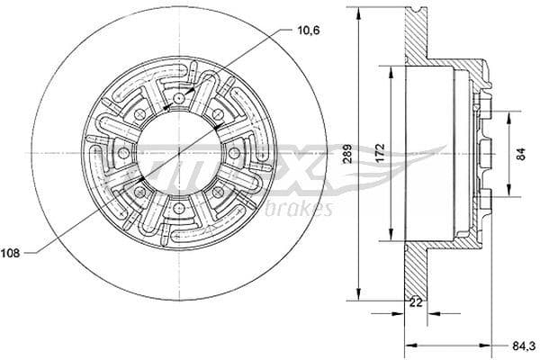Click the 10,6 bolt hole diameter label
coord(309,31)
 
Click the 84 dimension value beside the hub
coord(521,152)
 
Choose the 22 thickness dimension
coord(415,303)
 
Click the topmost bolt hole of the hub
coord(179,97)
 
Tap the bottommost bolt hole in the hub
coord(179,210)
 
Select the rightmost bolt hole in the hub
coord(235,153)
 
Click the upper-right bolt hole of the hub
coord(219,114)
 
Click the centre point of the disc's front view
coord(179,153)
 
